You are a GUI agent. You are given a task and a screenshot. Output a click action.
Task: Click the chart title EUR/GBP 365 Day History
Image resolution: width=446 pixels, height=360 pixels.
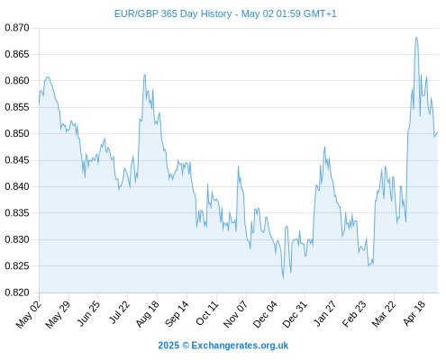click(173, 13)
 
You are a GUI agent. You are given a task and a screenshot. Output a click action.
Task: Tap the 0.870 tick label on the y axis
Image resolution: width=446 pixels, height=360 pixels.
click(17, 28)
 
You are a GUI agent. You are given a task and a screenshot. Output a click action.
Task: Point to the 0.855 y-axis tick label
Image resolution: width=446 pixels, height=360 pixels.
click(17, 107)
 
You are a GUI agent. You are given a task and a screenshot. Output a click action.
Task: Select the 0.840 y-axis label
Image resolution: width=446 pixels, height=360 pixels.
click(17, 186)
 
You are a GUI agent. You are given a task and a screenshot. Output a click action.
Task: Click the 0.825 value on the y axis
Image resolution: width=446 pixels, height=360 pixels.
click(17, 265)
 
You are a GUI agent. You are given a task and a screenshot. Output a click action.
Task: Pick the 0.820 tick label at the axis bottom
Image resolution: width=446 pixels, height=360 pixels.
click(17, 292)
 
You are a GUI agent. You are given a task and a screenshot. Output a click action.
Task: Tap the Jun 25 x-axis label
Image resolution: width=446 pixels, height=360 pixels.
click(88, 313)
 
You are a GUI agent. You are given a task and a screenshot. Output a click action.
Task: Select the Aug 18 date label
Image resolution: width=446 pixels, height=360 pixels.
click(147, 313)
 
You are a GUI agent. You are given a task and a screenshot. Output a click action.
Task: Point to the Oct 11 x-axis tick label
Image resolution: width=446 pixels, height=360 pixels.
click(207, 313)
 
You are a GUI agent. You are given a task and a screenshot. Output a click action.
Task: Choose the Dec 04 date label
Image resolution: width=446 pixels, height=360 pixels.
click(265, 314)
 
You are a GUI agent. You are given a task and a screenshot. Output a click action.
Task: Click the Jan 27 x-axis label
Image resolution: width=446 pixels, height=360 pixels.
click(324, 313)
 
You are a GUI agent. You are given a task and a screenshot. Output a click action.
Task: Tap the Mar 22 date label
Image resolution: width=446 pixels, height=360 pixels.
click(384, 314)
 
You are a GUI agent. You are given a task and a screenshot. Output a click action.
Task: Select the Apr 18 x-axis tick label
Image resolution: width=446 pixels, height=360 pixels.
click(414, 313)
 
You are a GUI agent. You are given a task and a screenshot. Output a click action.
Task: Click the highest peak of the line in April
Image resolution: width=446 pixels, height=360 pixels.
click(416, 37)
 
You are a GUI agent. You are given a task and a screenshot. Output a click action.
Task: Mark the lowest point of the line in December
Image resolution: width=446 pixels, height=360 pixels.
click(283, 279)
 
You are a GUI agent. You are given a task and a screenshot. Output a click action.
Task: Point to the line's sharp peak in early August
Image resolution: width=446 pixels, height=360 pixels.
click(145, 75)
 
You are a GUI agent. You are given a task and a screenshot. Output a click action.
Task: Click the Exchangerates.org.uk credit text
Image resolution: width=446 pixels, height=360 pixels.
click(240, 346)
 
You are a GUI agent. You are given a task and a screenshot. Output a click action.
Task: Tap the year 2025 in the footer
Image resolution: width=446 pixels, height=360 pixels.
click(168, 346)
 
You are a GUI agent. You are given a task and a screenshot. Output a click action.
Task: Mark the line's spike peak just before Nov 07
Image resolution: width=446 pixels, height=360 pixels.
click(238, 166)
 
